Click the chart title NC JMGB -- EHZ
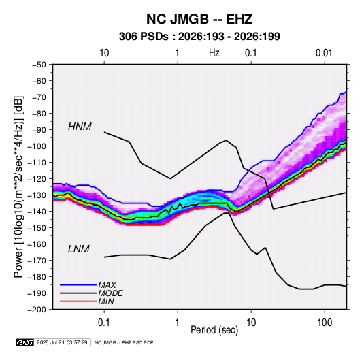pyautogui.click(x=199, y=19)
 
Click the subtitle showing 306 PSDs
pyautogui.click(x=199, y=37)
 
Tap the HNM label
pyautogui.click(x=80, y=127)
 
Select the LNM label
pyautogui.click(x=79, y=249)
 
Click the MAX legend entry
pyautogui.click(x=107, y=284)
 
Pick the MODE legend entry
pyautogui.click(x=110, y=293)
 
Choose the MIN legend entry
pyautogui.click(x=106, y=301)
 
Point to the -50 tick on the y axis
pyautogui.click(x=39, y=65)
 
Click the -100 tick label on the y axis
pyautogui.click(x=37, y=146)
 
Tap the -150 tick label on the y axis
pyautogui.click(x=37, y=228)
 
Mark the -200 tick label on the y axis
pyautogui.click(x=37, y=310)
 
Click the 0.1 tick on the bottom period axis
pyautogui.click(x=104, y=323)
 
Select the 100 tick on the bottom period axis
pyautogui.click(x=325, y=323)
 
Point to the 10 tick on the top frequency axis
pyautogui.click(x=104, y=53)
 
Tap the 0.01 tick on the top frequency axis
pyautogui.click(x=324, y=53)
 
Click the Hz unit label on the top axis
pyautogui.click(x=214, y=53)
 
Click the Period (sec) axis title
pyautogui.click(x=214, y=330)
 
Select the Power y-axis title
pyautogui.click(x=18, y=187)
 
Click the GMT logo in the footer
pyautogui.click(x=24, y=342)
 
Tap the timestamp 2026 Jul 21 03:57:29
pyautogui.click(x=62, y=342)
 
